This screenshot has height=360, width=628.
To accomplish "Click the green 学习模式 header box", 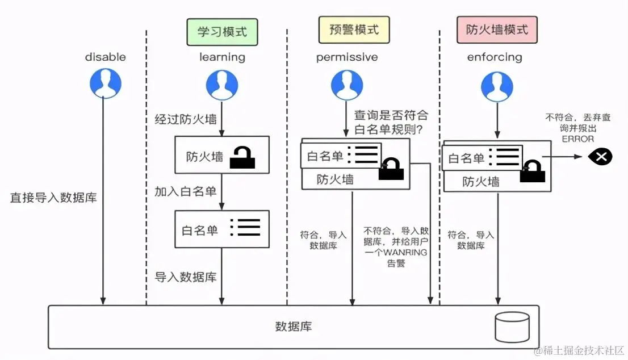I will click(222, 32).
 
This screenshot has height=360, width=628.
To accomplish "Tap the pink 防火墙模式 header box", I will click(497, 30).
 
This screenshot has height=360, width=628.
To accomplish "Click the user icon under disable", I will click(106, 83).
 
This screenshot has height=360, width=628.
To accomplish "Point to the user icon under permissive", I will click(347, 84).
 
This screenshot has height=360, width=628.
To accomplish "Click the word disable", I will click(106, 57).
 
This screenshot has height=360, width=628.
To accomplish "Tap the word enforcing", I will click(494, 57).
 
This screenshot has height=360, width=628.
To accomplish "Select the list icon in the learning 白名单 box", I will click(245, 227).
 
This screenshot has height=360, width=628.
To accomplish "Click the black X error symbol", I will click(600, 156).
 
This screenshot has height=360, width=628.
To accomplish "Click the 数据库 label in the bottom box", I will click(294, 326).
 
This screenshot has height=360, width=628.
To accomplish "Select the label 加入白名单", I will click(186, 191).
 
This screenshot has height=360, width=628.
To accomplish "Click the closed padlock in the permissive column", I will click(391, 169).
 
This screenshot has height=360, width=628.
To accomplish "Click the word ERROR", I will click(578, 139).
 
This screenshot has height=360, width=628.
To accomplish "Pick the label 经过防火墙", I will click(186, 119).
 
